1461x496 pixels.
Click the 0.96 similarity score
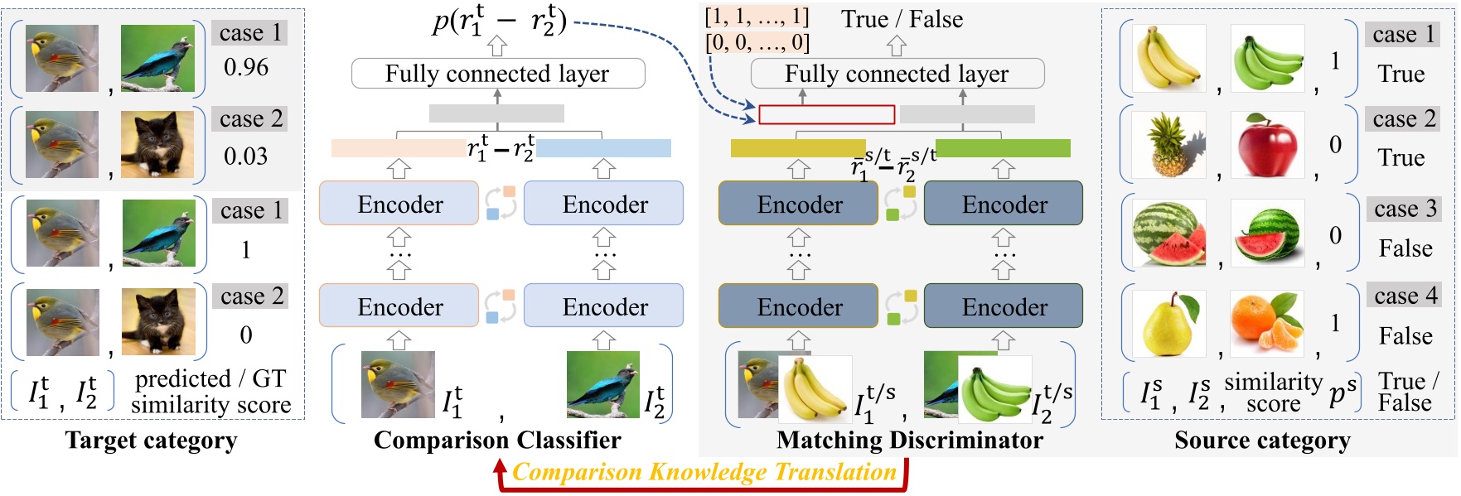coord(246,67)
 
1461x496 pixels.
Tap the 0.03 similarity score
coord(246,156)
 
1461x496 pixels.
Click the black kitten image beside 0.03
coord(157,145)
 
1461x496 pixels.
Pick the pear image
coord(1168,324)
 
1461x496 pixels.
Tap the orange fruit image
coord(1267,324)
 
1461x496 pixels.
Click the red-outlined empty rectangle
coord(826,114)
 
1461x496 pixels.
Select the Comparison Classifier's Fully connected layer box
coord(497,74)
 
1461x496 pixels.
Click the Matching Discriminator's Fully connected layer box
coord(897,74)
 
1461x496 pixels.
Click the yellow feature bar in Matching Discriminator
coord(798,148)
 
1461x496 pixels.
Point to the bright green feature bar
coord(1003,148)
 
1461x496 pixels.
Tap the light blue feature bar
coord(603,148)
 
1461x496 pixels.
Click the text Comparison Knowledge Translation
coord(704,472)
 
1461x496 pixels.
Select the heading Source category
coord(1261,441)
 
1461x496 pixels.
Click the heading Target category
coord(151,441)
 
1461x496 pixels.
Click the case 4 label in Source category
coord(1406,296)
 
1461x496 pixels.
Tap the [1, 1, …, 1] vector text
coord(757,17)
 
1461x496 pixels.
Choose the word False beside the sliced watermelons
coord(1405,248)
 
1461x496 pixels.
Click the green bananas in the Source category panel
coord(1267,58)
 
